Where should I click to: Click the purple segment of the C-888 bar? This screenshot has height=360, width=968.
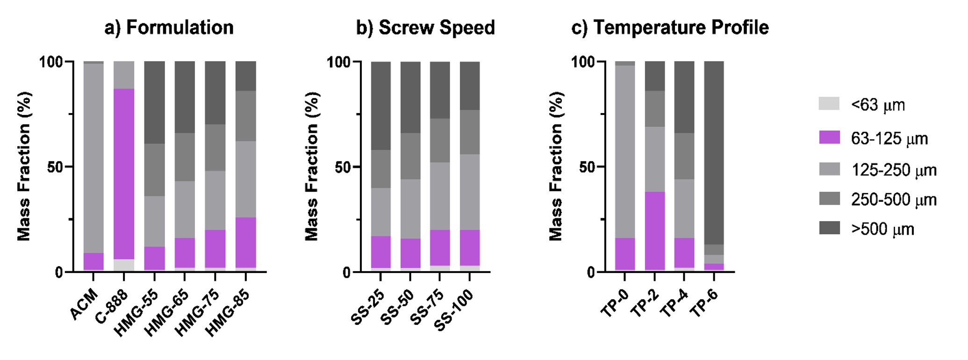pos(124,173)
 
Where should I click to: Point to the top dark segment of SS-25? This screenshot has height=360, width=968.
pos(381,106)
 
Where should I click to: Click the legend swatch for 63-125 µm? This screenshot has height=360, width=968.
pos(829,137)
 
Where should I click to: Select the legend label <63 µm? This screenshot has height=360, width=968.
pos(878,105)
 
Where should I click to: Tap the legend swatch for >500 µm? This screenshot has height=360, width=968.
pos(829,228)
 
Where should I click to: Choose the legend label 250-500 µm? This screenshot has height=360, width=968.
pos(893,200)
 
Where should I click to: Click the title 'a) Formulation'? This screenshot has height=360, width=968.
pos(169,28)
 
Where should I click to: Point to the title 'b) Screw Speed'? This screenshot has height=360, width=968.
pos(425,28)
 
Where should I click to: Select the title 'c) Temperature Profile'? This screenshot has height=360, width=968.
pos(670,28)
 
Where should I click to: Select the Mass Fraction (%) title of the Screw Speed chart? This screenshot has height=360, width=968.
pos(312,166)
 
